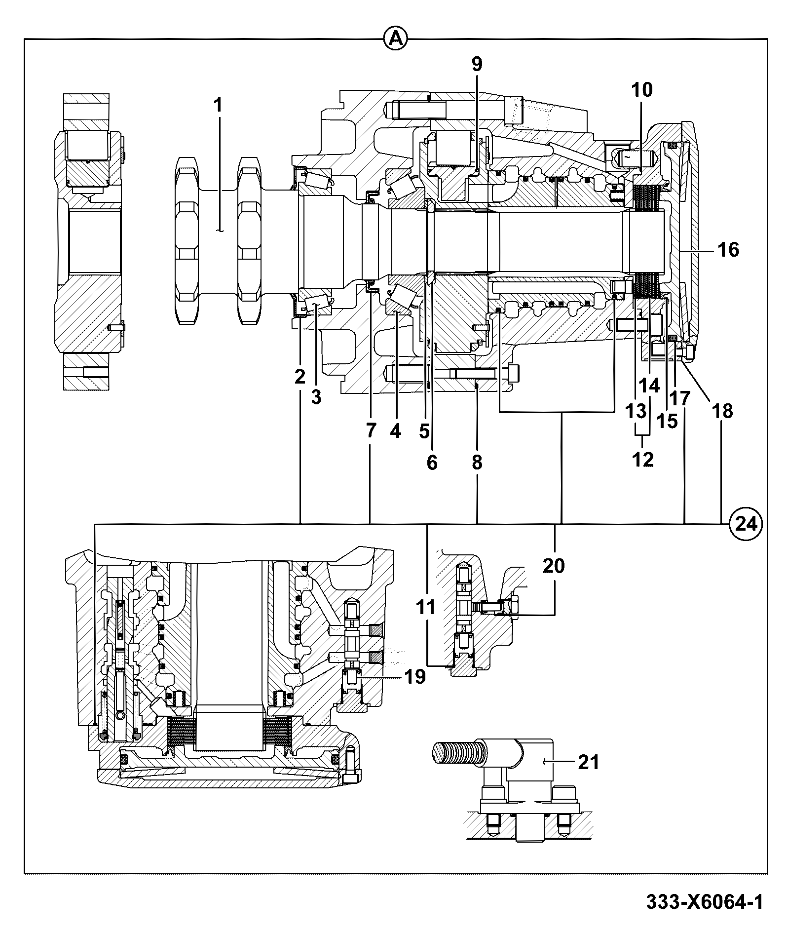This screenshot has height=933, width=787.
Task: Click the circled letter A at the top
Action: click(395, 39)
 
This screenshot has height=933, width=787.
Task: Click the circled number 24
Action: click(746, 523)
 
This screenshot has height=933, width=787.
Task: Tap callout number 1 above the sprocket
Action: click(218, 105)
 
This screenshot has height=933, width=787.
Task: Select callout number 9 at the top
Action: click(477, 64)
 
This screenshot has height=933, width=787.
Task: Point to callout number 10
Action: click(641, 89)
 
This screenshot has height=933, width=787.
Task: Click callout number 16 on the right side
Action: click(728, 250)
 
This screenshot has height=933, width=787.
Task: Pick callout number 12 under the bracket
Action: click(643, 460)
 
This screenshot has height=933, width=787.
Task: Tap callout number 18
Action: click(722, 411)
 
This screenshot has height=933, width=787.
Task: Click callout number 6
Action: click(432, 463)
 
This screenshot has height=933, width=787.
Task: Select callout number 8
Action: click(477, 463)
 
